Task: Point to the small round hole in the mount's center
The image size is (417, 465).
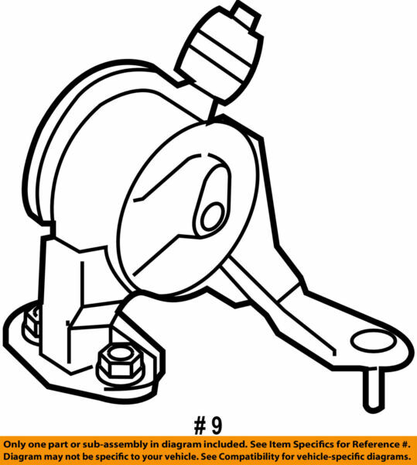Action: click(210, 216)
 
